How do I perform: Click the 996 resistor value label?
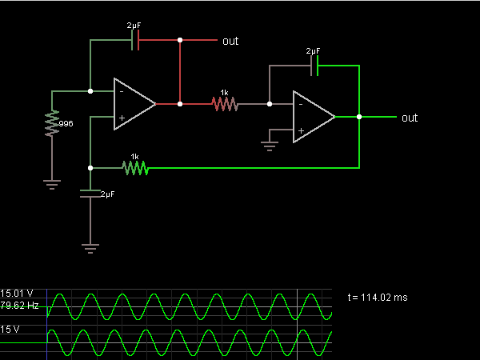pyautogui.click(x=66, y=124)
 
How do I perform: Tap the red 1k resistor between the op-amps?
pyautogui.click(x=225, y=104)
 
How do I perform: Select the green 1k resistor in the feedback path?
pyautogui.click(x=135, y=168)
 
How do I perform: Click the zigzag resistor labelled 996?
pyautogui.click(x=52, y=123)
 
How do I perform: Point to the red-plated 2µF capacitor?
pyautogui.click(x=135, y=40)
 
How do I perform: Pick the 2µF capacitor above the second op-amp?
pyautogui.click(x=314, y=66)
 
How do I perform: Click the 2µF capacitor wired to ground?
pyautogui.click(x=90, y=194)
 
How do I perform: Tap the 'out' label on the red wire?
pyautogui.click(x=230, y=41)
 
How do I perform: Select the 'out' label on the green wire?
pyautogui.click(x=410, y=118)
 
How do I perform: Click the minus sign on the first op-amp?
pyautogui.click(x=122, y=91)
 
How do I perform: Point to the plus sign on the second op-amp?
pyautogui.click(x=302, y=130)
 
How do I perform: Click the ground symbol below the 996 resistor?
pyautogui.click(x=52, y=185)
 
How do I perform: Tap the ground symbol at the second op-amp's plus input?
pyautogui.click(x=270, y=146)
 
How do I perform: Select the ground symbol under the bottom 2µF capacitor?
pyautogui.click(x=90, y=249)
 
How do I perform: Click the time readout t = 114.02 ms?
pyautogui.click(x=378, y=298)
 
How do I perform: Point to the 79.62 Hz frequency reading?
pyautogui.click(x=19, y=306)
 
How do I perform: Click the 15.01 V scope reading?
pyautogui.click(x=17, y=294)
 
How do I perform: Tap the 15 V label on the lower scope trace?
pyautogui.click(x=10, y=330)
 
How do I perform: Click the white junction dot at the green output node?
pyautogui.click(x=359, y=117)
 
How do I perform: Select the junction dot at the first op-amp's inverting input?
pyautogui.click(x=90, y=91)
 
